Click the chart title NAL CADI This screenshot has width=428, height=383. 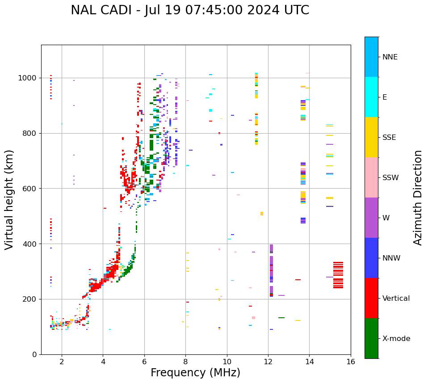pyautogui.click(x=189, y=10)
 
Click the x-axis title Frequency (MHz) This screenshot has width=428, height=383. pyautogui.click(x=195, y=373)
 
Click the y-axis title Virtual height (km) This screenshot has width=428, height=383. pyautogui.click(x=9, y=199)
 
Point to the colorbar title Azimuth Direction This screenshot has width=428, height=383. pyautogui.click(x=418, y=198)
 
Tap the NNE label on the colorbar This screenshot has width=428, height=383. pyautogui.click(x=390, y=57)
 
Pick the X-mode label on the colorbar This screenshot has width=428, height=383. pyautogui.click(x=396, y=339)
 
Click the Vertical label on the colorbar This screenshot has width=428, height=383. pyautogui.click(x=396, y=299)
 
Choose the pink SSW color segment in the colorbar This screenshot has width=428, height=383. pyautogui.click(x=371, y=177)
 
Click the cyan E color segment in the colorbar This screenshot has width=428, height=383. pyautogui.click(x=371, y=97)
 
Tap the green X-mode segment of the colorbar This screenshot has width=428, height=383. pyautogui.click(x=371, y=338)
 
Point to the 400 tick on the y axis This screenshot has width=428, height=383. pyautogui.click(x=32, y=244)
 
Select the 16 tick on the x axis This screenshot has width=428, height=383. pyautogui.click(x=351, y=362)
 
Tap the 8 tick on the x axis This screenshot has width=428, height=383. pyautogui.click(x=185, y=362)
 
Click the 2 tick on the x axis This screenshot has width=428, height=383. pyautogui.click(x=62, y=362)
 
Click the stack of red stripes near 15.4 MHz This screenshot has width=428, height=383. pyautogui.click(x=338, y=275)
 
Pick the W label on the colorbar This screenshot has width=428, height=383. pyautogui.click(x=386, y=218)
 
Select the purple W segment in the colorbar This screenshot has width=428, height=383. pyautogui.click(x=371, y=218)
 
